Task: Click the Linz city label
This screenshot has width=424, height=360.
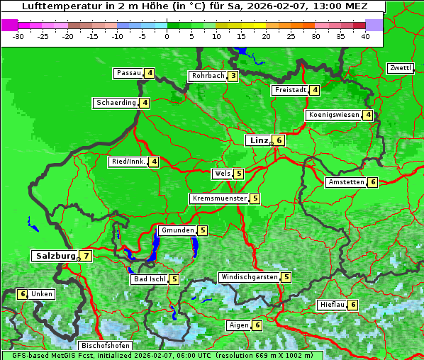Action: pyautogui.click(x=258, y=140)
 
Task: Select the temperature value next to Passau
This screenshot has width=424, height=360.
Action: pyautogui.click(x=150, y=73)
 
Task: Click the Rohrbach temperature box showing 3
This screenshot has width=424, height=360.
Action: pyautogui.click(x=233, y=76)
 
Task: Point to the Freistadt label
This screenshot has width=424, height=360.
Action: pyautogui.click(x=291, y=90)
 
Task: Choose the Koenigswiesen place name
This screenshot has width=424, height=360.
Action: pyautogui.click(x=333, y=115)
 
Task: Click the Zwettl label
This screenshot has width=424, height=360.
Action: pyautogui.click(x=400, y=68)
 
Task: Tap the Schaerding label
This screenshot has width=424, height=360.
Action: pyautogui.click(x=116, y=103)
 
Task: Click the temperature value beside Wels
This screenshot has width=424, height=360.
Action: pyautogui.click(x=239, y=174)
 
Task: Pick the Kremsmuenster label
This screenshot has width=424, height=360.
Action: pyautogui.click(x=219, y=198)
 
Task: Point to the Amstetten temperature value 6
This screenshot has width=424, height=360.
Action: pyautogui.click(x=373, y=182)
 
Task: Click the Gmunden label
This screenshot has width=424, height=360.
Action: pyautogui.click(x=177, y=230)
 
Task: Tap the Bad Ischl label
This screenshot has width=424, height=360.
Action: pyautogui.click(x=149, y=279)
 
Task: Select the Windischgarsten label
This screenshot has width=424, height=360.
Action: pyautogui.click(x=248, y=277)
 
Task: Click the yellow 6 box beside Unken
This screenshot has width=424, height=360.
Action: pyautogui.click(x=22, y=294)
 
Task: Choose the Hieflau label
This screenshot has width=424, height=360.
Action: pyautogui.click(x=332, y=305)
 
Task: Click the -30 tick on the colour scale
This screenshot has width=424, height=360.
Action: pyautogui.click(x=18, y=36)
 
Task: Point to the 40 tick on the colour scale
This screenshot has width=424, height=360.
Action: pyautogui.click(x=365, y=36)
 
